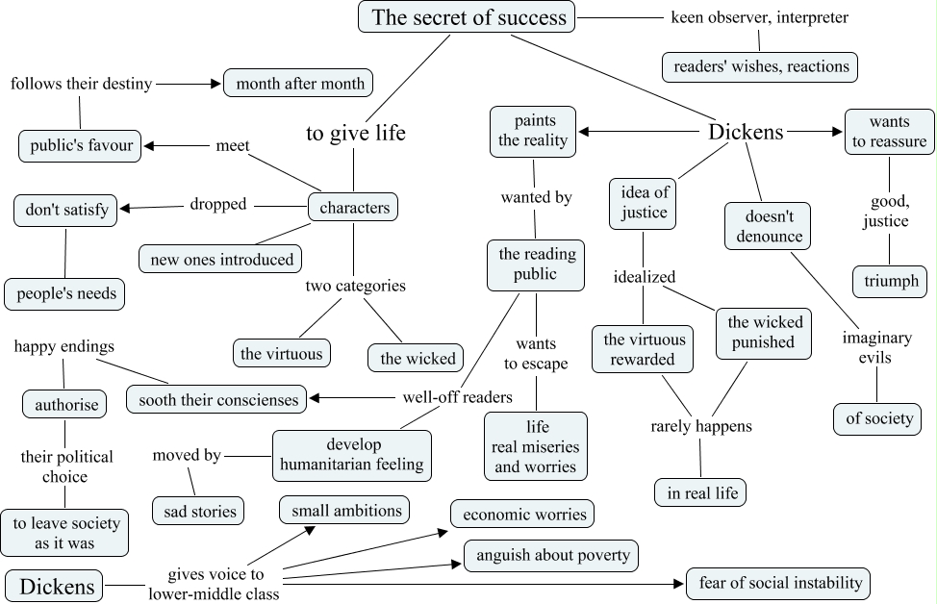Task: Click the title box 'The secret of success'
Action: pos(468,16)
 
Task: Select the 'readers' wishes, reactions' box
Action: pos(759,66)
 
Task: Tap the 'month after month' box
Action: pos(298,84)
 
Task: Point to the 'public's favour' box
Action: pos(80,146)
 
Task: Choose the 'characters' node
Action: pos(353,207)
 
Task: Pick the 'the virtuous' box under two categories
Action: pos(282,353)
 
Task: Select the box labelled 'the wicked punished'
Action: pos(764,332)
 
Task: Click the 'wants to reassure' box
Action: pos(889,132)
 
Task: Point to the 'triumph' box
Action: pos(890,282)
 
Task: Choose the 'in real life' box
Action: pos(700,492)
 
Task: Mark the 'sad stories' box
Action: pos(198,510)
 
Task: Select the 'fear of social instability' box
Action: pos(778,583)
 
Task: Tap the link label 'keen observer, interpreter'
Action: pos(759,17)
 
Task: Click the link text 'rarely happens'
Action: pos(701,425)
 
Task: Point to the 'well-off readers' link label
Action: pos(457,396)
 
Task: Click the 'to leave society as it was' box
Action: pos(65,533)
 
